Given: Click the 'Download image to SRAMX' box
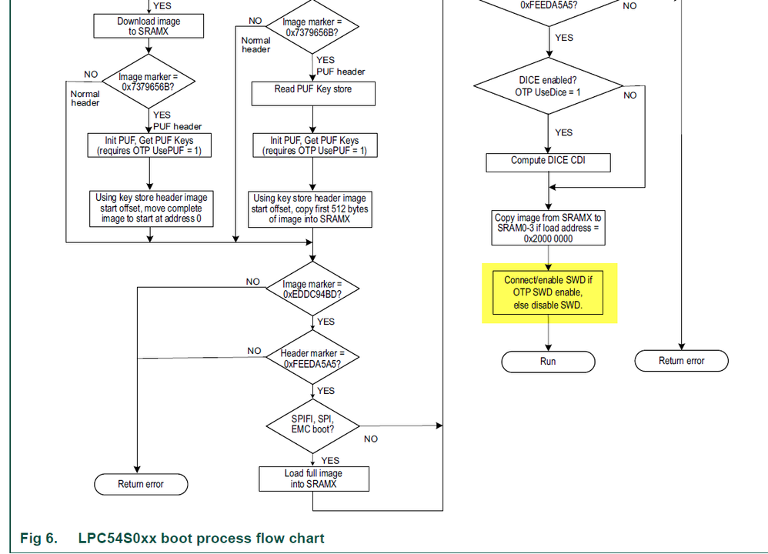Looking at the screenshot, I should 148,26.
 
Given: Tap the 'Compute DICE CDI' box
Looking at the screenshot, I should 549,162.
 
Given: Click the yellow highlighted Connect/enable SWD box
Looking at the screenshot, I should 549,292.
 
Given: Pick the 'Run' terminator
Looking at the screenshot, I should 548,361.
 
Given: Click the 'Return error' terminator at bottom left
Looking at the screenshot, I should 141,484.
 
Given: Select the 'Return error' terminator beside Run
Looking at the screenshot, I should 681,361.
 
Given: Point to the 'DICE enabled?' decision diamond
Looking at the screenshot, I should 548,85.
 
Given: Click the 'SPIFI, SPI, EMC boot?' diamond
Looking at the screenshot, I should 313,423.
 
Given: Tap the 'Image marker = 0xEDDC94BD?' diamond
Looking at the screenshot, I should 313,290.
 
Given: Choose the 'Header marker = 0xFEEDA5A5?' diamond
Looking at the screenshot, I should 313,357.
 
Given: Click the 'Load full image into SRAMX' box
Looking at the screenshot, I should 313,478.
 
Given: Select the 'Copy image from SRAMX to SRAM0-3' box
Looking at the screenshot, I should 548,228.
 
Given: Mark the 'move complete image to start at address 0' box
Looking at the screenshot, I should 151,209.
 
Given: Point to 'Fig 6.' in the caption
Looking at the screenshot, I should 38,538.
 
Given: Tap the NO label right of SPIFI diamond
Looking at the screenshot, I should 371,439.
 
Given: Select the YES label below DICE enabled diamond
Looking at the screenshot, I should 563,132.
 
